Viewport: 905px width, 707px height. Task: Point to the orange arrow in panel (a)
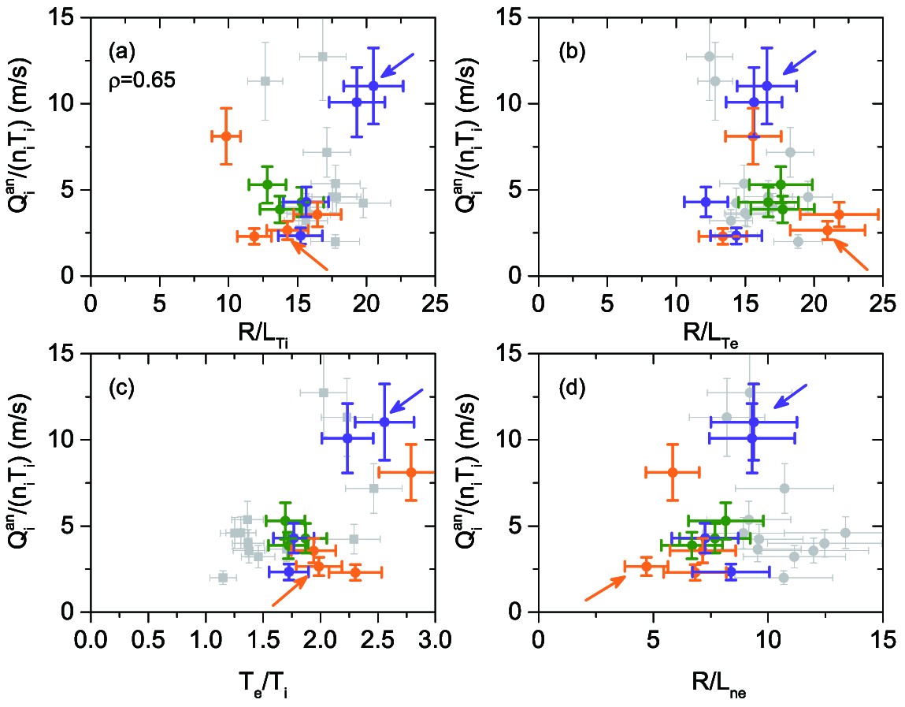coord(309,255)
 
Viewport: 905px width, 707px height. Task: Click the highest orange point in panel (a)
coord(226,136)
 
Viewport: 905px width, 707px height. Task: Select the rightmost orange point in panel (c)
coord(411,472)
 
